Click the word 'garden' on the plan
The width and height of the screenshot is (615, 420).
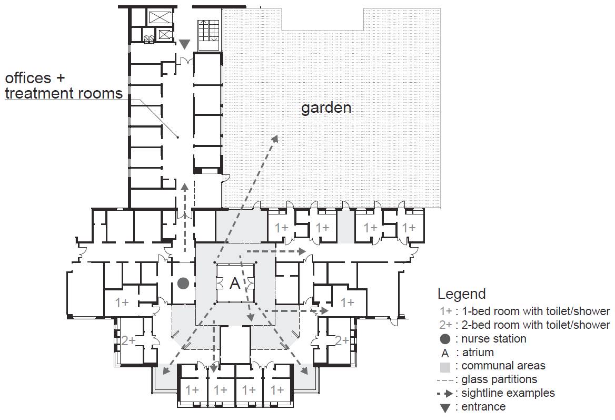point(326,108)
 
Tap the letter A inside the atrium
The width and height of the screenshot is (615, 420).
point(234,283)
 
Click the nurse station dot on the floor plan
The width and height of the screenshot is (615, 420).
point(183,283)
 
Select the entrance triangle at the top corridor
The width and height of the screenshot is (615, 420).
point(184,44)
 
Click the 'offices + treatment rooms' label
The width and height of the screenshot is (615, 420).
point(64,85)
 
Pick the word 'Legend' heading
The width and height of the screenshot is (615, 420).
point(462,294)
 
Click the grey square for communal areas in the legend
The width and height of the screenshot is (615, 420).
point(445,367)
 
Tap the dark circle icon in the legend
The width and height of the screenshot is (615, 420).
point(445,339)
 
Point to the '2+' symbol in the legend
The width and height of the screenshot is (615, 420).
point(445,325)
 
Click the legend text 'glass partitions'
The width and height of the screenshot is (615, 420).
point(499,379)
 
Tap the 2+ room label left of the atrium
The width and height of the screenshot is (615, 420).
point(128,340)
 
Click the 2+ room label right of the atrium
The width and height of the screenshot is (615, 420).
point(342,340)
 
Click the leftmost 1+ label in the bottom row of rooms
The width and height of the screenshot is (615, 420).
point(192,390)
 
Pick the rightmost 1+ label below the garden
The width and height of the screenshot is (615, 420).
point(408,227)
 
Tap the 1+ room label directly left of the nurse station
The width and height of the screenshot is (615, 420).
point(122,302)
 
